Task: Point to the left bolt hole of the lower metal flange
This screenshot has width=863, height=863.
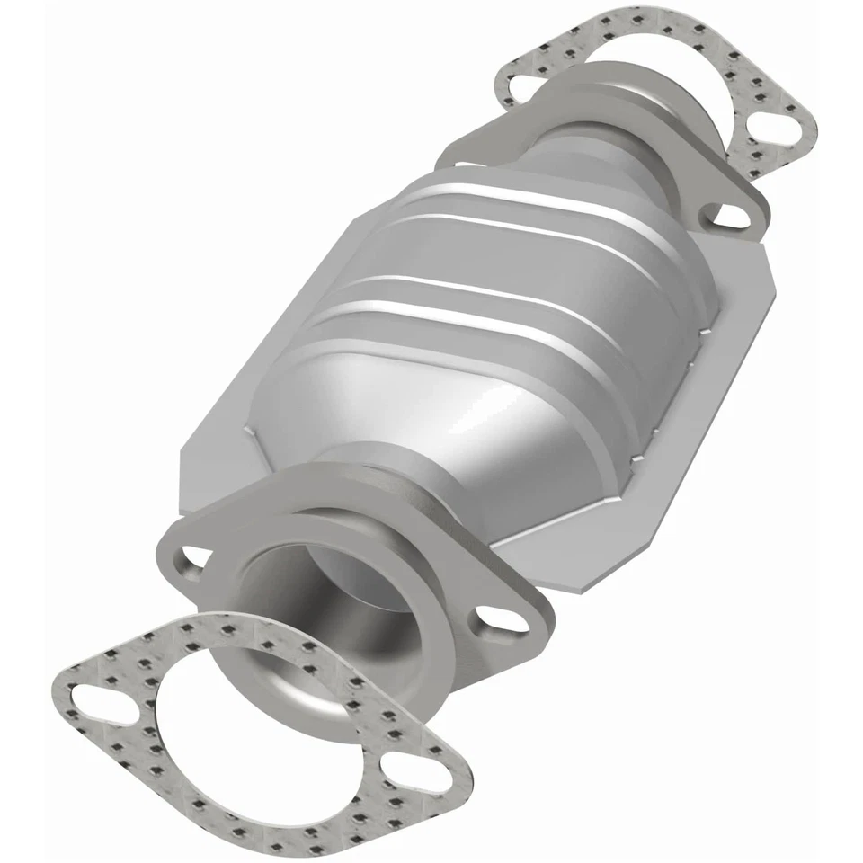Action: (x=191, y=562)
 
